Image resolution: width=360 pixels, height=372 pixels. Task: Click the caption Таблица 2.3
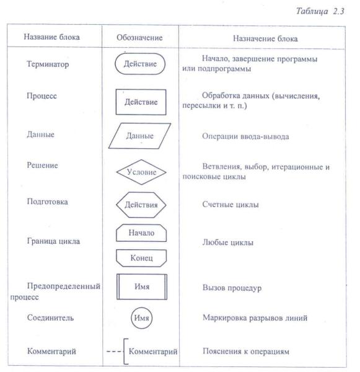pyautogui.click(x=320, y=11)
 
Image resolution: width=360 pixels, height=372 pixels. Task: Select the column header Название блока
pyautogui.click(x=51, y=37)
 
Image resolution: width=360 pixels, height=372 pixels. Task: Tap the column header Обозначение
pyautogui.click(x=139, y=37)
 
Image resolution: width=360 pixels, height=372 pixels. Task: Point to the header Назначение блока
pyautogui.click(x=265, y=38)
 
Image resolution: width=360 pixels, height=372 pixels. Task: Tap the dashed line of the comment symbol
pyautogui.click(x=114, y=351)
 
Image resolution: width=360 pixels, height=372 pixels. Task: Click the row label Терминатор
pyautogui.click(x=48, y=64)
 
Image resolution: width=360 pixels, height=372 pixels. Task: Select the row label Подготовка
pyautogui.click(x=48, y=201)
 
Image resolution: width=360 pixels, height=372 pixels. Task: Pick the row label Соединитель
pyautogui.click(x=51, y=317)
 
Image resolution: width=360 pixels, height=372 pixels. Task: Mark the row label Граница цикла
pyautogui.click(x=53, y=241)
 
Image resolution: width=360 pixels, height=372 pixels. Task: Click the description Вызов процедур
pyautogui.click(x=232, y=288)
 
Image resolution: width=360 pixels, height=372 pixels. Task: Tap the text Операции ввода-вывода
pyautogui.click(x=246, y=136)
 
